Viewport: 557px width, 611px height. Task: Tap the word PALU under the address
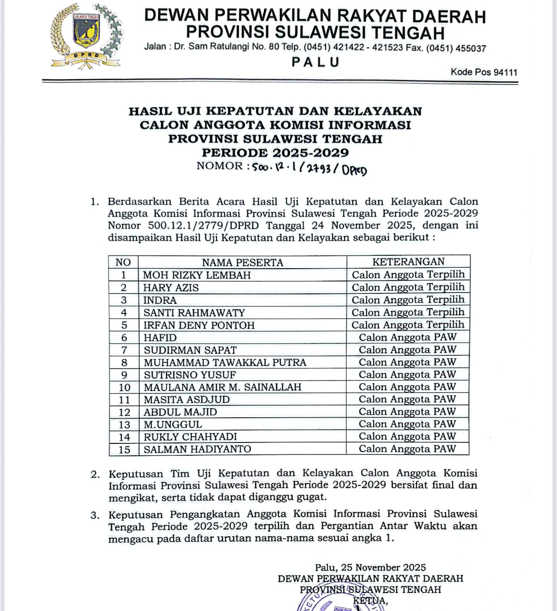click(x=316, y=62)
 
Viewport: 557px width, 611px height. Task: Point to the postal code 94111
click(x=505, y=72)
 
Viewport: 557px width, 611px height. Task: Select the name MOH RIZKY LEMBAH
click(x=197, y=275)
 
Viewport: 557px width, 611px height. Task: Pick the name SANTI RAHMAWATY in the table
click(x=194, y=313)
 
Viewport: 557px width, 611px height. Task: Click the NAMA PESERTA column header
click(x=242, y=262)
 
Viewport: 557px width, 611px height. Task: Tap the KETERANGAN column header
click(x=408, y=261)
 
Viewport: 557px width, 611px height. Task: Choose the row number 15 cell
click(x=124, y=450)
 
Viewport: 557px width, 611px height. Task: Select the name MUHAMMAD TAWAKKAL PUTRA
click(x=225, y=362)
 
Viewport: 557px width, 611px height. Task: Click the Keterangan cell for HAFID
click(x=408, y=337)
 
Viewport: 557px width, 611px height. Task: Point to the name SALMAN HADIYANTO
click(x=198, y=449)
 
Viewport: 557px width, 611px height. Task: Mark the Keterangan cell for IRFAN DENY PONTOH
click(x=408, y=325)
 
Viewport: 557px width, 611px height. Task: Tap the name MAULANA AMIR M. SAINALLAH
click(x=223, y=387)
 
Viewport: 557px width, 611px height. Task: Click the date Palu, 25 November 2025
click(x=370, y=567)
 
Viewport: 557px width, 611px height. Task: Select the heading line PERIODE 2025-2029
click(x=275, y=153)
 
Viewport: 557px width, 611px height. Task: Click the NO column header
click(x=123, y=262)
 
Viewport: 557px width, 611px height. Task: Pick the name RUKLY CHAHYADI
click(x=190, y=437)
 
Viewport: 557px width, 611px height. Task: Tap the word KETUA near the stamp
click(x=370, y=601)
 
